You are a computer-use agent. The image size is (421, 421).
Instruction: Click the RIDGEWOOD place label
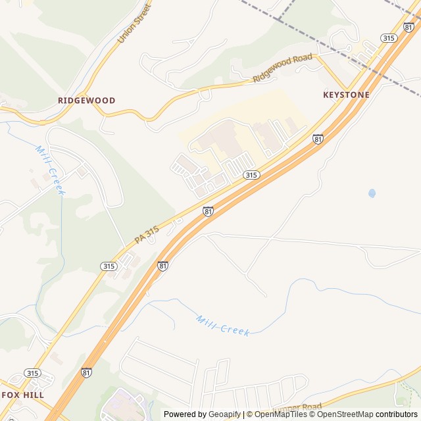[86, 101]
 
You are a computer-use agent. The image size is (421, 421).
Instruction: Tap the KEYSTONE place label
[346, 95]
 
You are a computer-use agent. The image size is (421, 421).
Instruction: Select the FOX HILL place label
[22, 395]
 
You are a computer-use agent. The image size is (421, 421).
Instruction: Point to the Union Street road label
[134, 23]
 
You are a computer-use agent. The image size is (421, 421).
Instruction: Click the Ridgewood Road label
[283, 69]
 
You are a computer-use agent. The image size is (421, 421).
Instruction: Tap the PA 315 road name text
[147, 234]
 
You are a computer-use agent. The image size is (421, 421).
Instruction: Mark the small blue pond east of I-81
[372, 193]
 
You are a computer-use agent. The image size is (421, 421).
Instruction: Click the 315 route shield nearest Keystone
[389, 38]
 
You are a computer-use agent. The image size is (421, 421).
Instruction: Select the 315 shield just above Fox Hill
[32, 373]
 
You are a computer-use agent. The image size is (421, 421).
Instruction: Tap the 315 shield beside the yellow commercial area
[251, 174]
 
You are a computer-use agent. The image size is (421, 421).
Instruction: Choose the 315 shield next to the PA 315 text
[109, 266]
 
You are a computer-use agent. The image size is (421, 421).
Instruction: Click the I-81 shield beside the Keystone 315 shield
[409, 27]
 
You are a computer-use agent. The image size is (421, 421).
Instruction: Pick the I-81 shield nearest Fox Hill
[86, 372]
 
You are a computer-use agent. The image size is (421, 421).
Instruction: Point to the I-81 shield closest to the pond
[318, 139]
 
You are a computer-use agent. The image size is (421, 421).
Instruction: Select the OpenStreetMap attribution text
[346, 414]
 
